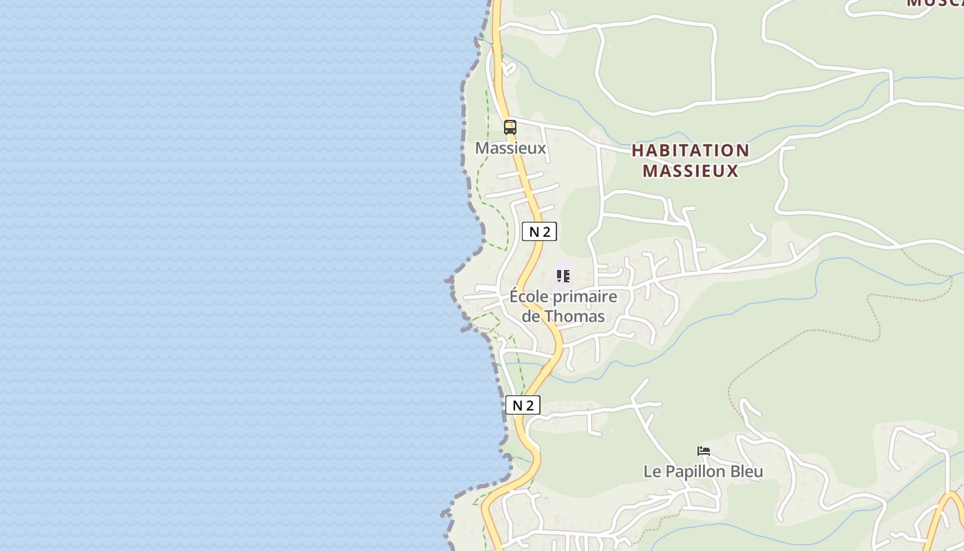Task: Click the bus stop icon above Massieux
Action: (x=510, y=127)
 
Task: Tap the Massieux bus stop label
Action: (x=510, y=148)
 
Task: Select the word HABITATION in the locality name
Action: (x=690, y=151)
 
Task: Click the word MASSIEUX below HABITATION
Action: (x=690, y=171)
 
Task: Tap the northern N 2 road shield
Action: (x=539, y=232)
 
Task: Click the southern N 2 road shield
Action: (x=523, y=405)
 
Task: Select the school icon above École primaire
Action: (x=563, y=276)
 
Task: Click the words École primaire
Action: (x=563, y=297)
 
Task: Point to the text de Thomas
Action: (x=563, y=317)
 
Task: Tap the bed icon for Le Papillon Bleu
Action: (x=703, y=451)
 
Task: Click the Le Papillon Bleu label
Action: (x=703, y=472)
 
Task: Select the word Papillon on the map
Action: (x=697, y=472)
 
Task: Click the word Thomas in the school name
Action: (x=574, y=317)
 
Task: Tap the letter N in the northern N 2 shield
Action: (x=534, y=232)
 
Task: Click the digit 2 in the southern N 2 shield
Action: (x=529, y=405)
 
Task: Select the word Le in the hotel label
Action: (x=652, y=472)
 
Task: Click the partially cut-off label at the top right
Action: (x=934, y=3)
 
